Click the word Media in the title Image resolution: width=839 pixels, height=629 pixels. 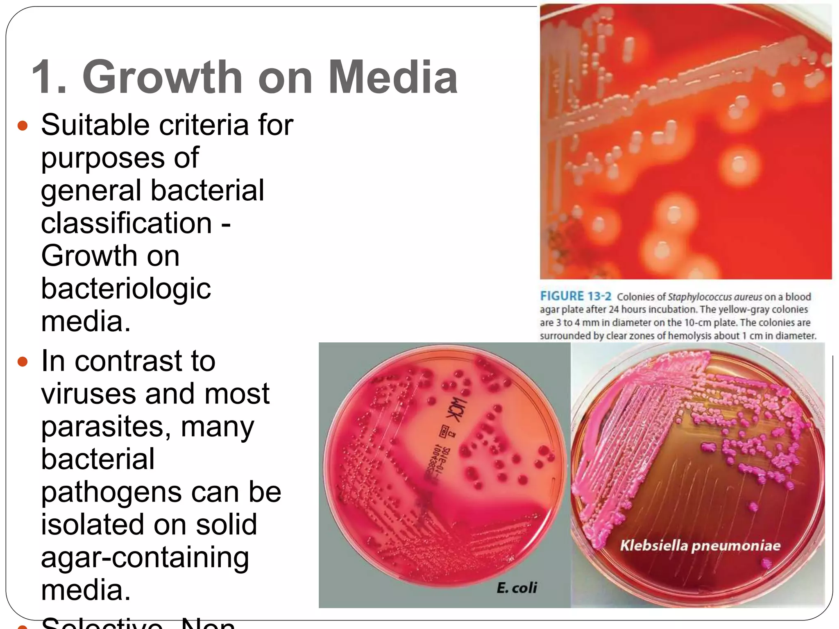392,77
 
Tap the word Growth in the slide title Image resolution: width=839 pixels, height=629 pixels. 163,77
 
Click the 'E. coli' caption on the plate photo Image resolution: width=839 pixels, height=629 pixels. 517,588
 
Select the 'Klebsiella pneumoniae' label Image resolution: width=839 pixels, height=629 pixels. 700,545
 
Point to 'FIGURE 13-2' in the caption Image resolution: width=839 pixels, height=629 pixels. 576,296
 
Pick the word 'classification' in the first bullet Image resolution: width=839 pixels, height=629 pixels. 126,223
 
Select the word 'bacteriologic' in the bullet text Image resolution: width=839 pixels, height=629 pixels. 126,289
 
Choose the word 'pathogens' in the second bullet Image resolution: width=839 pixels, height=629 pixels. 111,492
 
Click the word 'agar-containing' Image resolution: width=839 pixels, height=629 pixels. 145,558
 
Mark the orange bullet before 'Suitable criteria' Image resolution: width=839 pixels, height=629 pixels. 23,125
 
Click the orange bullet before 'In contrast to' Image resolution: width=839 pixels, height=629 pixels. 23,362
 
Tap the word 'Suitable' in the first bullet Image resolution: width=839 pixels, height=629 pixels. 95,125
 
